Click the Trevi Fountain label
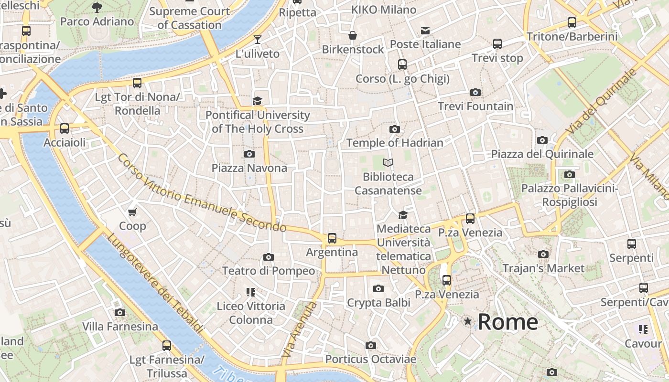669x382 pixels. [x=475, y=106]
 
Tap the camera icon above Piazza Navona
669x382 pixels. [x=249, y=154]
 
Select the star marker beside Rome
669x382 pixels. [x=467, y=322]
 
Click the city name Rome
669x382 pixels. [x=507, y=322]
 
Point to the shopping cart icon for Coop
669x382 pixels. [x=132, y=212]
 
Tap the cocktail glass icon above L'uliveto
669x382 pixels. [x=258, y=40]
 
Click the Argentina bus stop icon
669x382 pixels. [x=332, y=238]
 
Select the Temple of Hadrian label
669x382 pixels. [x=395, y=143]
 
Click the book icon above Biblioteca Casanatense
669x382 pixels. [x=388, y=163]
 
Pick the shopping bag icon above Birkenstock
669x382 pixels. [x=353, y=35]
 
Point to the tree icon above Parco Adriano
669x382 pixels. [x=97, y=7]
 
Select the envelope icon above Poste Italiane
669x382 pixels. [x=425, y=31]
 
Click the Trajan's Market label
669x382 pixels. [x=543, y=268]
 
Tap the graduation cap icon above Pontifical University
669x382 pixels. [x=258, y=101]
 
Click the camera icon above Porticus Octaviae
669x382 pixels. [x=370, y=345]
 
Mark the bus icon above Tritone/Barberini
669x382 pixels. [x=572, y=22]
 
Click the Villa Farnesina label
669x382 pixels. [x=120, y=327]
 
